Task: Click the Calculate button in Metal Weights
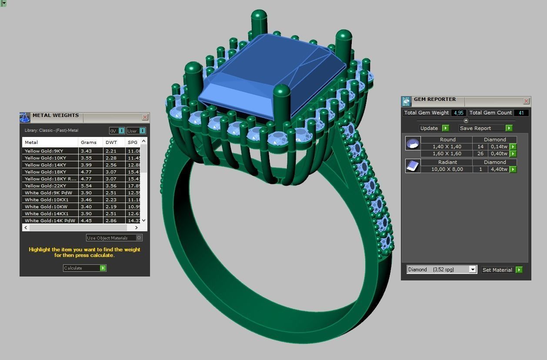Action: click(84, 268)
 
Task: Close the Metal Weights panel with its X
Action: click(145, 117)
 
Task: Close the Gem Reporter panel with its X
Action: click(526, 101)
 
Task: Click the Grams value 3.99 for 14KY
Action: click(86, 165)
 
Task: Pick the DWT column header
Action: click(111, 142)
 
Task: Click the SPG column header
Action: click(133, 142)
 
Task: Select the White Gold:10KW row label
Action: click(46, 207)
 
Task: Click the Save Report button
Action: click(485, 128)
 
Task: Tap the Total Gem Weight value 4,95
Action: click(458, 113)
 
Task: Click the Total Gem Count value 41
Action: click(521, 113)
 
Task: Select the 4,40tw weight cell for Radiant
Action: click(499, 169)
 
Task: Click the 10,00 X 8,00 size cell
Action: click(447, 169)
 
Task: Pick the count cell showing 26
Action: click(480, 153)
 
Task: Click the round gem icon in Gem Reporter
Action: click(413, 143)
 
